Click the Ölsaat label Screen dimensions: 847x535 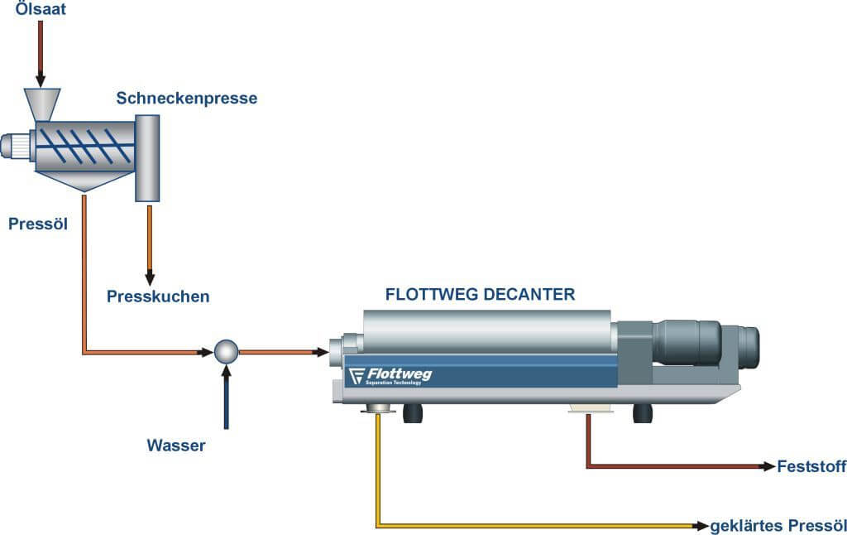tap(41, 8)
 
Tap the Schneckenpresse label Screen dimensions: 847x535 tap(186, 99)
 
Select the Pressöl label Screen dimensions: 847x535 tap(38, 224)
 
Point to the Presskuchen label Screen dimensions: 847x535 tap(158, 296)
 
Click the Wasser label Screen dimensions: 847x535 tap(176, 446)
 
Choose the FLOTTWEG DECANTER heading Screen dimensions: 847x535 tap(481, 294)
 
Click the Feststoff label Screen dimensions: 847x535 tap(811, 466)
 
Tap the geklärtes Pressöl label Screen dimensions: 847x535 tap(778, 526)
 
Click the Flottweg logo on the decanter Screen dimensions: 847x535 tap(390, 375)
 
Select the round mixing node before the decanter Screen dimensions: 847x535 tap(226, 352)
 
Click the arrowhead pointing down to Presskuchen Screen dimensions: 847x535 tap(150, 278)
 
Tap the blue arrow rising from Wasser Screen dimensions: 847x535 tap(227, 397)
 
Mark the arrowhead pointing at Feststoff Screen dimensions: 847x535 tap(768, 466)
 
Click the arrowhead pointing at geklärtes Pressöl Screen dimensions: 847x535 tap(701, 525)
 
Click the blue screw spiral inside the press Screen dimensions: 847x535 tap(86, 146)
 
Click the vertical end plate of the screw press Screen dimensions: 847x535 tap(147, 158)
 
